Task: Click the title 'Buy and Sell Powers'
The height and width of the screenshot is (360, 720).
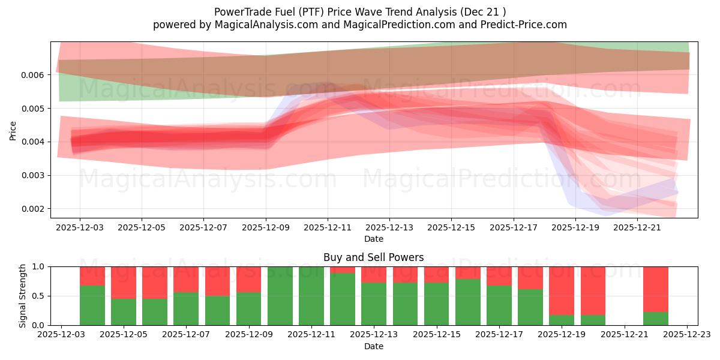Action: tap(373, 257)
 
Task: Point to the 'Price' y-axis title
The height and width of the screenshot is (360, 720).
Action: tap(13, 130)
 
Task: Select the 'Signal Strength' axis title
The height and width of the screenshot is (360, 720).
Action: tap(23, 295)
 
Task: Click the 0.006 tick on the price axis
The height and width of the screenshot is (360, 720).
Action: tap(35, 75)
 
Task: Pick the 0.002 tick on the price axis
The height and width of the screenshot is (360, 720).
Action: tap(35, 209)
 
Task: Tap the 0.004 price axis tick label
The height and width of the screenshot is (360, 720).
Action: tap(35, 142)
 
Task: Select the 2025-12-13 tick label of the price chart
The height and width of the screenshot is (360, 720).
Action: tap(389, 228)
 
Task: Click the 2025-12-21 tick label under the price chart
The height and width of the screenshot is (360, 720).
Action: tap(637, 228)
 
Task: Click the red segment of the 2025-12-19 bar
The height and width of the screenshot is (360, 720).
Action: tap(562, 290)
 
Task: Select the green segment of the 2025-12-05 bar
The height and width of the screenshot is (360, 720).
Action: tap(124, 311)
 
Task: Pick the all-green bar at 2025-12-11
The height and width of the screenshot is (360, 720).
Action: tap(311, 296)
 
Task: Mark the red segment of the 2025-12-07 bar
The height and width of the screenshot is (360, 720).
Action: tap(186, 279)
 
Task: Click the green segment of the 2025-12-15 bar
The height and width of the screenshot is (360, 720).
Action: tap(436, 304)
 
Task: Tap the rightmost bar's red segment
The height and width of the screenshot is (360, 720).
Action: tap(655, 289)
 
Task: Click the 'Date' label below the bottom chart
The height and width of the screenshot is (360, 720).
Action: tap(373, 346)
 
